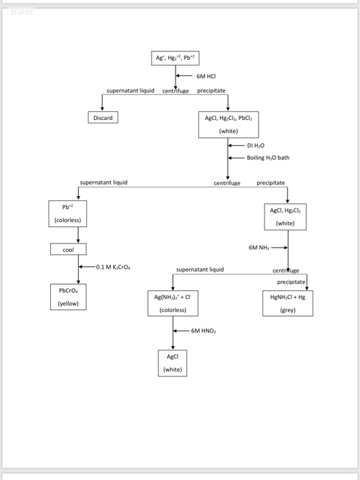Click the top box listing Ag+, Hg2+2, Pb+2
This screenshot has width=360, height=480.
[177, 58]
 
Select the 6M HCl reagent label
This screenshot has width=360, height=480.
[206, 76]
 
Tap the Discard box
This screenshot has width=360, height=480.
[103, 118]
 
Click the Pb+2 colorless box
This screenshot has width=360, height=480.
[67, 213]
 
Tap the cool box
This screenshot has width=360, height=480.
[68, 250]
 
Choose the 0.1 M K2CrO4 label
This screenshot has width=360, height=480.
[115, 266]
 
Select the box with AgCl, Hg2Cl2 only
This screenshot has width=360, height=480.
[287, 216]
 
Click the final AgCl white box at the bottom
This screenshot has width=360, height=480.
[173, 363]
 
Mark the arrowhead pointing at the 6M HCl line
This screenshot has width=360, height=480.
[180, 76]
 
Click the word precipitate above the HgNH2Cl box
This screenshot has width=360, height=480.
[291, 281]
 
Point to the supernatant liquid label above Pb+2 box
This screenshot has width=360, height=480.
[104, 182]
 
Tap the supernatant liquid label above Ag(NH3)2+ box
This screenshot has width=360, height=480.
[200, 269]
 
